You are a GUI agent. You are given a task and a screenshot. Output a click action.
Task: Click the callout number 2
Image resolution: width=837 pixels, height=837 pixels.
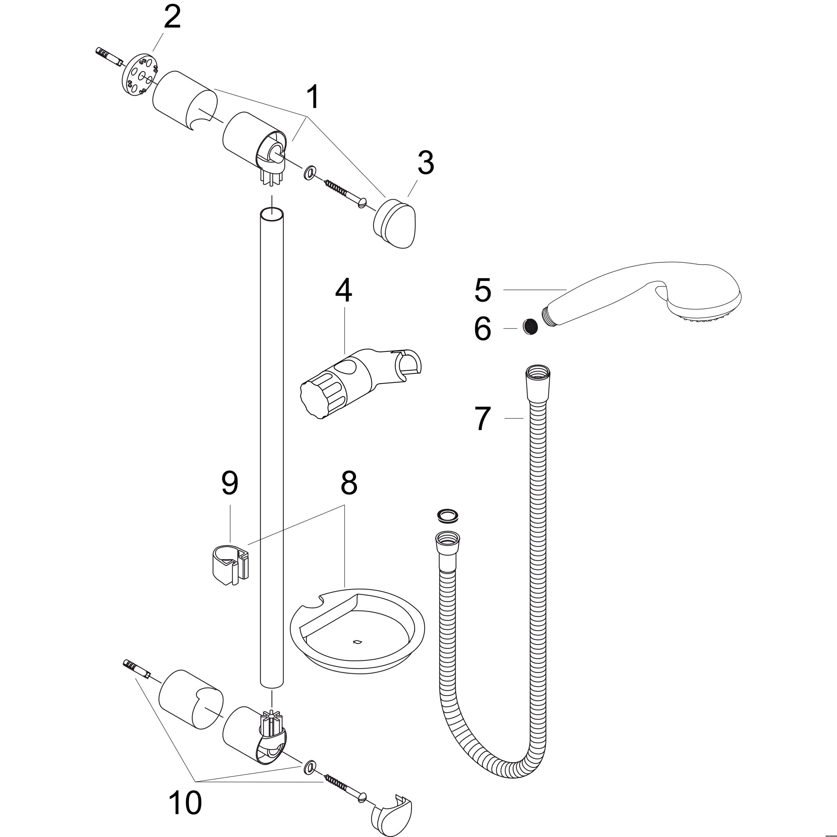tap(172, 18)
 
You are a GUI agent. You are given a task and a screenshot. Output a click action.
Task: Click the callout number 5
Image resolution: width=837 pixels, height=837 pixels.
tap(483, 290)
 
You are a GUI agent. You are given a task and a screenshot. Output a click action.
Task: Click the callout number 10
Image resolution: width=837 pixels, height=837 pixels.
tap(185, 803)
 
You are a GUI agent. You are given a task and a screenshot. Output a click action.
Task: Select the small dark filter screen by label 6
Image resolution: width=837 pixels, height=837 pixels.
tap(530, 326)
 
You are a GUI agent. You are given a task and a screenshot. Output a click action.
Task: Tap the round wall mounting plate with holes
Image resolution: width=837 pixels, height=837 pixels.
tap(139, 74)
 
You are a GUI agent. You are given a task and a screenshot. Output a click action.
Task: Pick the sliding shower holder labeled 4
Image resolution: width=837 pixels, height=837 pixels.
tap(361, 383)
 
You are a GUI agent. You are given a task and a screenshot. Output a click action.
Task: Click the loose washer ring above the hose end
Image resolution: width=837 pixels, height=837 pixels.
tap(448, 515)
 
